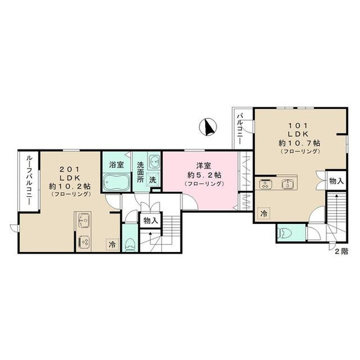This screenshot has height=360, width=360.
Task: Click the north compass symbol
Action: coord(208,127)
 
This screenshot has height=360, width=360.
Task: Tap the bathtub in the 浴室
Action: coord(115,182)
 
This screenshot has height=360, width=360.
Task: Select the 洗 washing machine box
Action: coord(152,180)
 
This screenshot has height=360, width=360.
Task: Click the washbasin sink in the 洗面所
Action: coord(154,161)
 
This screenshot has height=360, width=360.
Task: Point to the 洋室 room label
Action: coord(203,166)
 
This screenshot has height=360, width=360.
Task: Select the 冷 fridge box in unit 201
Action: coord(112,245)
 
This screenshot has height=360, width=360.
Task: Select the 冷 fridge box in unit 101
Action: coord(263,213)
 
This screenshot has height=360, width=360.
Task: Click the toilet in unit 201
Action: coord(130,245)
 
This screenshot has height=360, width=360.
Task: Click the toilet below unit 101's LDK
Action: coord(284,233)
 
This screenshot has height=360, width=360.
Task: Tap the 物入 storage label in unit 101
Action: coord(337,181)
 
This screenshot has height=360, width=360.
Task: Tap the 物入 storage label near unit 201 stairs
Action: coord(151,221)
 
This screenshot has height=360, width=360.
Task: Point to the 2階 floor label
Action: coord(341,251)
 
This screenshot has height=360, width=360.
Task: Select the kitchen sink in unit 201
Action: coord(84,220)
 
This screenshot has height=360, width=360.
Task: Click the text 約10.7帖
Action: coord(299,143)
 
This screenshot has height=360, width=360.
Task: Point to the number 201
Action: coord(70,169)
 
